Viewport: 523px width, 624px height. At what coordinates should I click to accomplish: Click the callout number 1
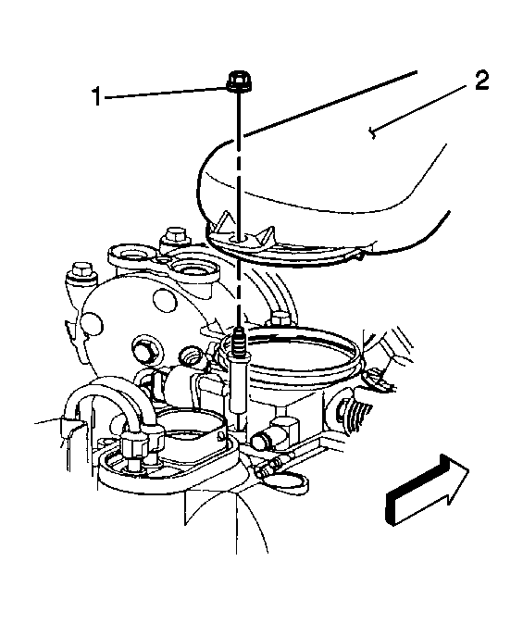tap(96, 96)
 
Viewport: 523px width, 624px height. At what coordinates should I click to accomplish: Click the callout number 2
tap(481, 81)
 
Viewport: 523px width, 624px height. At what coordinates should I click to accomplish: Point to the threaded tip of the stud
tap(239, 339)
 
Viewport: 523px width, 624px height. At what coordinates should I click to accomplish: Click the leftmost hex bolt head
tap(81, 270)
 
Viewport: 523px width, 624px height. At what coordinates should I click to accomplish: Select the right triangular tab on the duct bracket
tap(268, 236)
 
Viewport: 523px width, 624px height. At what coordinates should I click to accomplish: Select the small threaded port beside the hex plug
tap(193, 356)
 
